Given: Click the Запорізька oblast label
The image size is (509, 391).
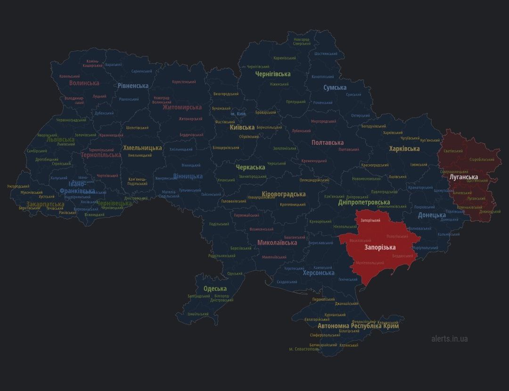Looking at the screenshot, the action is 380,247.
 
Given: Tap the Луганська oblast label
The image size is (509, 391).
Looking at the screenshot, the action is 464,177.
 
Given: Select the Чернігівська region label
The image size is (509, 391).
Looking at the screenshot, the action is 273,74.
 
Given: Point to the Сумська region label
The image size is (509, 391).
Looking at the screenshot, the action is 335,88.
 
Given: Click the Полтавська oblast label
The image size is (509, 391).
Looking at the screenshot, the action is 328,143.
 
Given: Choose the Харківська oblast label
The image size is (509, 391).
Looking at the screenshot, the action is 404,149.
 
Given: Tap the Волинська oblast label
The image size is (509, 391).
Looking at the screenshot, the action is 84,83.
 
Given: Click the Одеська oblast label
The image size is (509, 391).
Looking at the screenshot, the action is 215,288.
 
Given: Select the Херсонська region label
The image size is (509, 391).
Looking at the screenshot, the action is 319,273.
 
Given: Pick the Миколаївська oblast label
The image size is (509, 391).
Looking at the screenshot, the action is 277,243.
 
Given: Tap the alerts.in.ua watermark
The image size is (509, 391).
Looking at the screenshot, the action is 449,338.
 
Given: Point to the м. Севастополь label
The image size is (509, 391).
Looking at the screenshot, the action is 304,349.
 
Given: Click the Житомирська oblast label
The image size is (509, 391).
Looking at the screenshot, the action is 182,107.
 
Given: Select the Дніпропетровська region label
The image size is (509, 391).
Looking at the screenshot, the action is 364,202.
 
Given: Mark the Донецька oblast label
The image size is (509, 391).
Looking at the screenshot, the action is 432,215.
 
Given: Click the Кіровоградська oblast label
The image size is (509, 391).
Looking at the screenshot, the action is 284,194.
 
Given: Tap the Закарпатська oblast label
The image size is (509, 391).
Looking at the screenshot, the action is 45,204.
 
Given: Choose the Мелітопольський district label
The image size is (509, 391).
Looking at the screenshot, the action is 369,263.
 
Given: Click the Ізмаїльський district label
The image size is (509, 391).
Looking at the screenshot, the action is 198,314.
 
